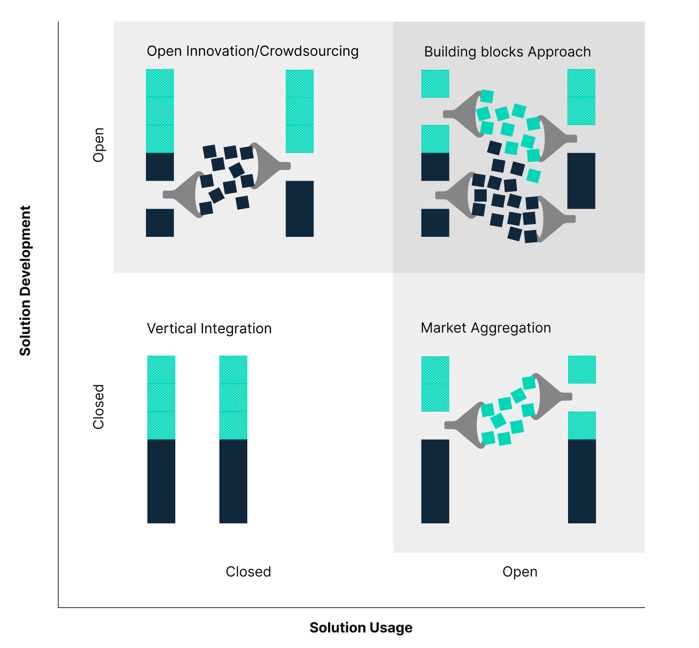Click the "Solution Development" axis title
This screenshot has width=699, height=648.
[25, 280]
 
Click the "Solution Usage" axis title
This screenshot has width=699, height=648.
[361, 627]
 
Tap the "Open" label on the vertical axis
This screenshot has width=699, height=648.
[99, 145]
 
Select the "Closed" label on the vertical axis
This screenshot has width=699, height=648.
[99, 406]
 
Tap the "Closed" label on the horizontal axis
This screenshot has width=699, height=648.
[248, 572]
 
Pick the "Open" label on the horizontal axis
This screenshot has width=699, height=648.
[520, 572]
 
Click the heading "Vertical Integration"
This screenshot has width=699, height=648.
[209, 329]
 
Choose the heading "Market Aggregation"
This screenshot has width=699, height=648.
[485, 328]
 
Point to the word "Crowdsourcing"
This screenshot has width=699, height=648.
[309, 51]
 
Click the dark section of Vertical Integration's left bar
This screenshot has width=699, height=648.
[161, 481]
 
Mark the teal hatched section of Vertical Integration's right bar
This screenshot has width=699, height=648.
[233, 397]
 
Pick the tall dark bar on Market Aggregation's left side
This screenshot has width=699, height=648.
[435, 481]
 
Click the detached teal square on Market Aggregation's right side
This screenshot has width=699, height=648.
[582, 370]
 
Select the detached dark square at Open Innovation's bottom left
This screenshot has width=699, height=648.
[160, 223]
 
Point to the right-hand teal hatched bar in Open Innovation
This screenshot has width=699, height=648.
[299, 111]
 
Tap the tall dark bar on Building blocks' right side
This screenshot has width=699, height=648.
[581, 181]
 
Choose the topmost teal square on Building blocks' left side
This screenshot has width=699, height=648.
[435, 84]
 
